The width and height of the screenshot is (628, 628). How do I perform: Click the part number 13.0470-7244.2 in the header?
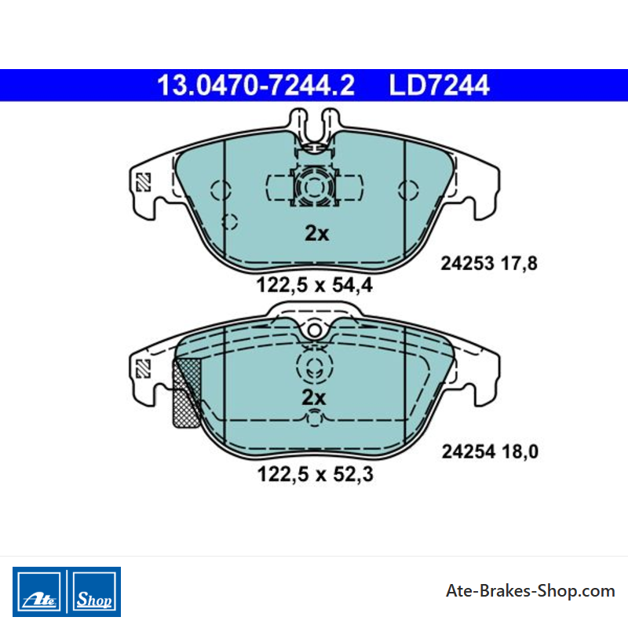click(x=256, y=86)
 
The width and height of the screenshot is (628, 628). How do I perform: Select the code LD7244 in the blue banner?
click(x=439, y=86)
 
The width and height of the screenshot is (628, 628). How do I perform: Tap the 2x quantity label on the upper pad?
click(x=317, y=232)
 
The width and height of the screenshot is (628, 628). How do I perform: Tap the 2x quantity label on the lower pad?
click(x=314, y=397)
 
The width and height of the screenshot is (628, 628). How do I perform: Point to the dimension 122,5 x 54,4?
click(x=315, y=285)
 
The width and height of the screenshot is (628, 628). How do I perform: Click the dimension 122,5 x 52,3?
click(x=316, y=474)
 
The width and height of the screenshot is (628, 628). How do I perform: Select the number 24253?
click(x=467, y=264)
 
